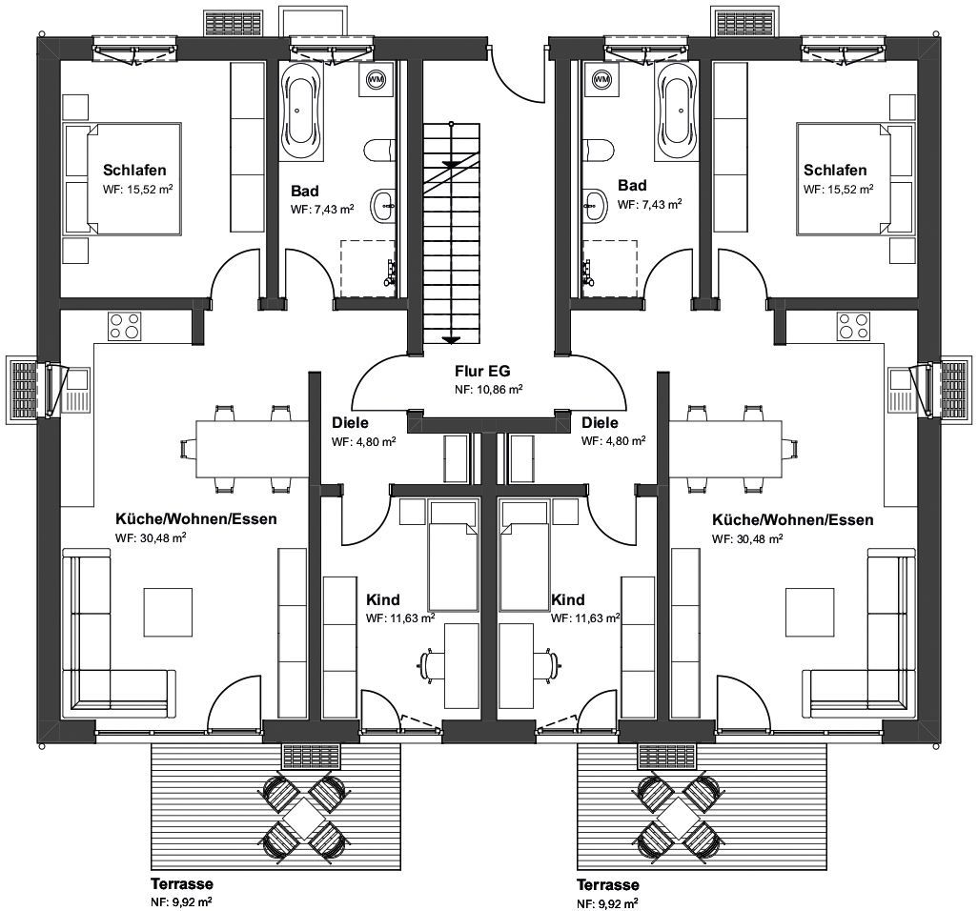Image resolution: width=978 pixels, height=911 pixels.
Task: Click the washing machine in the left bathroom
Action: [377, 79]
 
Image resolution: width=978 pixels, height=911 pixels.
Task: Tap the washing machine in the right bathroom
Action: [601, 79]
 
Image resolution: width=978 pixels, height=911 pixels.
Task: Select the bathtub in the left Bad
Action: [302, 111]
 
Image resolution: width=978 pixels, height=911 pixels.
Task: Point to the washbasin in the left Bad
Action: [382, 205]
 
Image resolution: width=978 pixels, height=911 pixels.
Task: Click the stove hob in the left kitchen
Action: [125, 326]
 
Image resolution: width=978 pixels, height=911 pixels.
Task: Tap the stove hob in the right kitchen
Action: [853, 326]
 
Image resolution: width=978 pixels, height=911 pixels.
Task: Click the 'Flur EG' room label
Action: [482, 372]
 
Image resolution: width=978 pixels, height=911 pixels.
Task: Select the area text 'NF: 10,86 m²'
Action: [488, 389]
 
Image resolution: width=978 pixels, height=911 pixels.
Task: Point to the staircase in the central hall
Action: [452, 233]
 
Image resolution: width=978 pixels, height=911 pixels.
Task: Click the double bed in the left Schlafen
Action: [123, 179]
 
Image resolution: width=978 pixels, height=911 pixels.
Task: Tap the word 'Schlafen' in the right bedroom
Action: [835, 171]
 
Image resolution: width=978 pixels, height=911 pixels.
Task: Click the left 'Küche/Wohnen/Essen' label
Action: [195, 518]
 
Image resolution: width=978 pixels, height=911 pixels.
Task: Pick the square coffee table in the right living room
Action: [809, 612]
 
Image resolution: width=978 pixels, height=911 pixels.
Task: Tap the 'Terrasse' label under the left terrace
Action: [181, 883]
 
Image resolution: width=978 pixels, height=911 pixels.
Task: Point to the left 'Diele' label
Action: [350, 422]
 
